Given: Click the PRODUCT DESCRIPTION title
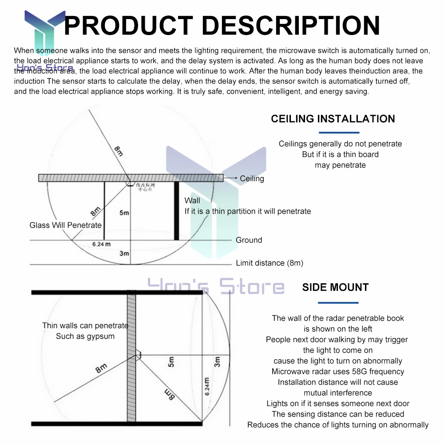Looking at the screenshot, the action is (222, 25).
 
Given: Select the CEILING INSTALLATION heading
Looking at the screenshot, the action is (333, 119).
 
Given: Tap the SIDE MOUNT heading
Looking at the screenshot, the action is (335, 287).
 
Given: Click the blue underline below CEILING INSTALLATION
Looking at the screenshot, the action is (339, 132).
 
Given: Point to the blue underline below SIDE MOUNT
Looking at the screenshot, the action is (339, 303).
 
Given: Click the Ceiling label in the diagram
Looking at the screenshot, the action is (252, 178).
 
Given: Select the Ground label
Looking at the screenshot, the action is (249, 240).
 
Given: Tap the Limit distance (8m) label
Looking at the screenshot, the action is (269, 263).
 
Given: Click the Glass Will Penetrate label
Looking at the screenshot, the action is (65, 225).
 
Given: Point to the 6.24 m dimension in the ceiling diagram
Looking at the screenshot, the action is (101, 244).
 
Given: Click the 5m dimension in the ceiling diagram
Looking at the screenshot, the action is (124, 213).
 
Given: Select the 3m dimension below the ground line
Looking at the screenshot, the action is (124, 253).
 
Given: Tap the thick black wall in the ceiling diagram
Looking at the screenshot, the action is (176, 211).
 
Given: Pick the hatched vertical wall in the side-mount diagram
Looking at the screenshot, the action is (131, 355).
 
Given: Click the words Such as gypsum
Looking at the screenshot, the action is (85, 336).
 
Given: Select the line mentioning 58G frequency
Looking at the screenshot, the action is (337, 371).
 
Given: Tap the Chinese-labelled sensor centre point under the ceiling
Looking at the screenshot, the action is (133, 186).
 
